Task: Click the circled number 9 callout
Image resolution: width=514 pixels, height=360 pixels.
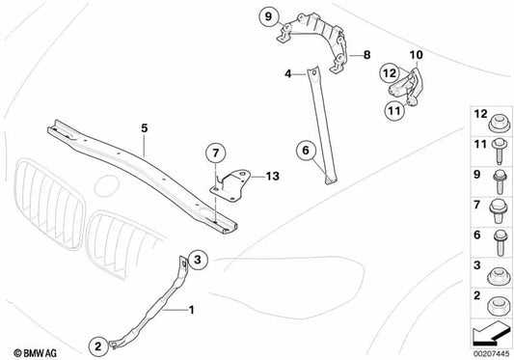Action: tap(266, 14)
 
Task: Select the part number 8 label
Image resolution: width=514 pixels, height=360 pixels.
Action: tap(366, 57)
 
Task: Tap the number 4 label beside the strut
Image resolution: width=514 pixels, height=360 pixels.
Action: tap(286, 73)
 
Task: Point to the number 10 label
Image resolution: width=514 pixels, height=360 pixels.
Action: tap(416, 57)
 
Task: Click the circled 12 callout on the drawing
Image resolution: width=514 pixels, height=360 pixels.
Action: tap(387, 70)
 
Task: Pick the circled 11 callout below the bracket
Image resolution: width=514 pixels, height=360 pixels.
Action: tap(394, 109)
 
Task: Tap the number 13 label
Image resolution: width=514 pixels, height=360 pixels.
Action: tap(272, 176)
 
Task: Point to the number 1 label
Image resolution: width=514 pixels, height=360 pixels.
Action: tap(190, 311)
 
